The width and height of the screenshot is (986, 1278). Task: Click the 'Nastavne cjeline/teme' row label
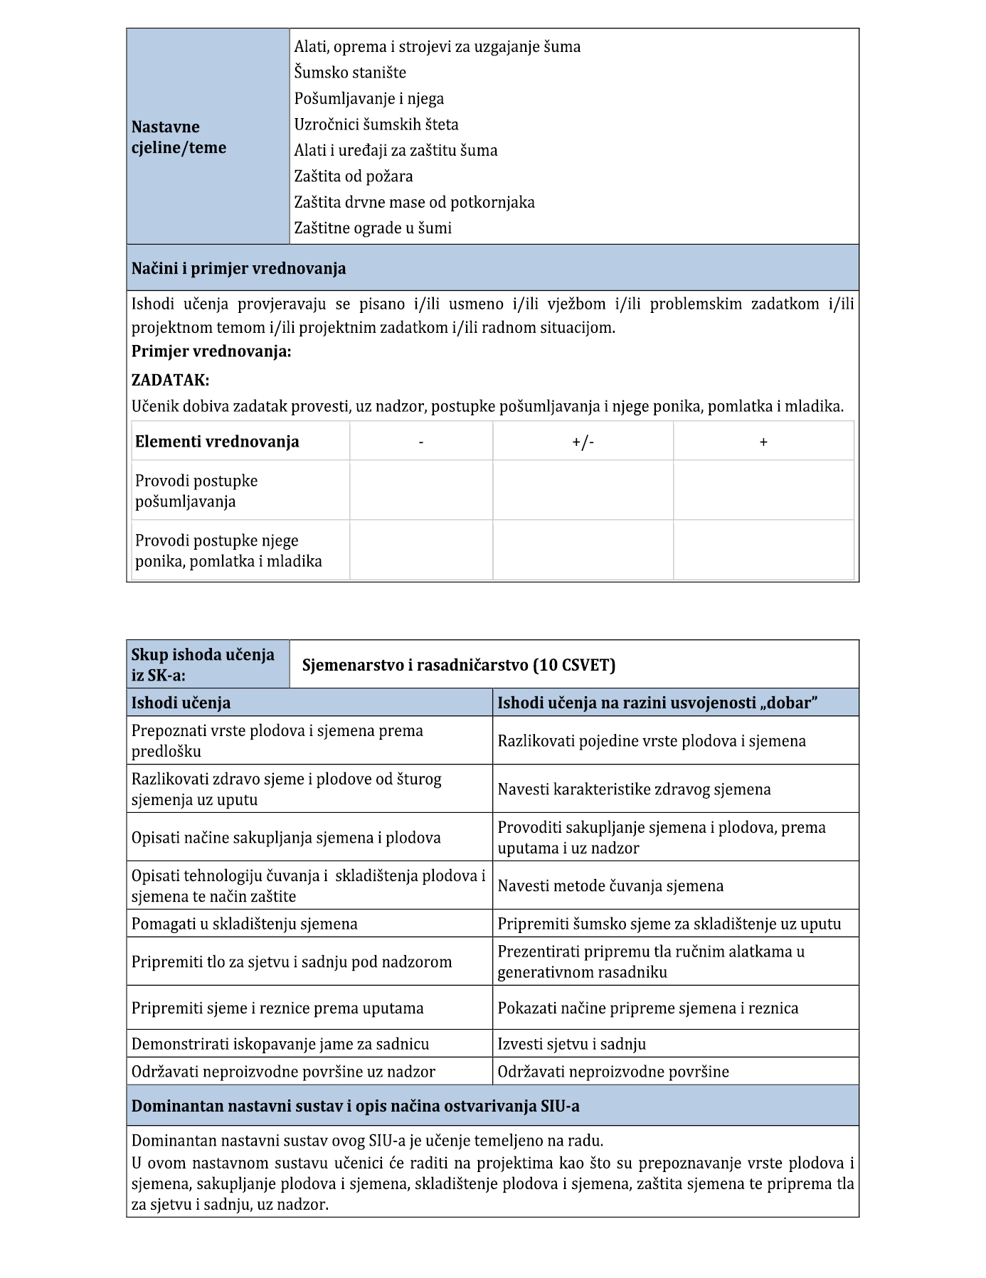(179, 137)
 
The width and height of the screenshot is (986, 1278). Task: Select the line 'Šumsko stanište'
(350, 73)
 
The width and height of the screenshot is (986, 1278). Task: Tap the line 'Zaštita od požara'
(354, 176)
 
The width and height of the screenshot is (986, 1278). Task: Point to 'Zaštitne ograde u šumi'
(373, 228)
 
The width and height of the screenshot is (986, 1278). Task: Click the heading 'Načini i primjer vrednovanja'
(239, 269)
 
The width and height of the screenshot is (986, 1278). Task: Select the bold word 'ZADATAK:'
(171, 380)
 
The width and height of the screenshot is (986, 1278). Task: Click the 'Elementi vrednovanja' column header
(217, 442)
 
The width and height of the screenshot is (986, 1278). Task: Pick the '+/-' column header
(583, 442)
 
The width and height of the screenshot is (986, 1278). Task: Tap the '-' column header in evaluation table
(421, 442)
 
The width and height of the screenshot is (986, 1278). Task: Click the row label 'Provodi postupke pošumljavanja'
(196, 491)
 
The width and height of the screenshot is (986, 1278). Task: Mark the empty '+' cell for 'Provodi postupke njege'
(763, 550)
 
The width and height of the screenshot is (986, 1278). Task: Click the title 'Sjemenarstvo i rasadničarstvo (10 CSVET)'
(459, 665)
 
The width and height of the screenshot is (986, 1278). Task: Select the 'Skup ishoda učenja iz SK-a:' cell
(203, 664)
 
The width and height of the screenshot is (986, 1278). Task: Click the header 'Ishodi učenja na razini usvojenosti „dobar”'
(657, 703)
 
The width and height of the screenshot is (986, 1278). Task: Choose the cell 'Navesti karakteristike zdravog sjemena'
(634, 789)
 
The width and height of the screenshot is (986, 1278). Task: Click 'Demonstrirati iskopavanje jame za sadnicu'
(280, 1044)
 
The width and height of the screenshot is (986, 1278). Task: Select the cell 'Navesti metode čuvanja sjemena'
(610, 886)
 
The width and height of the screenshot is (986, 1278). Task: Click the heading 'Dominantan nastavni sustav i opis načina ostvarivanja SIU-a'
(356, 1106)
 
